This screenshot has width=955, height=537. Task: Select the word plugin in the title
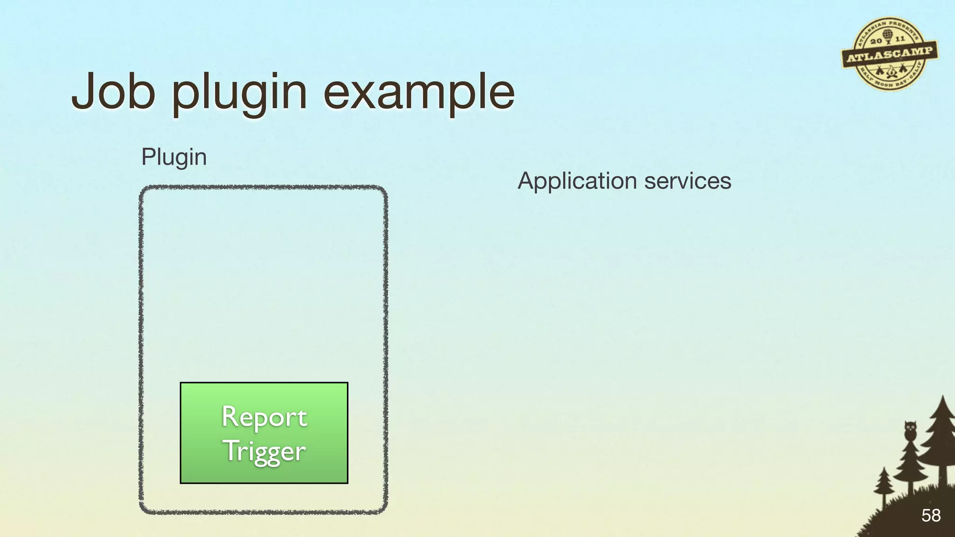[x=239, y=93]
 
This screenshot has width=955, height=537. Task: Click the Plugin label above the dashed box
[x=174, y=157]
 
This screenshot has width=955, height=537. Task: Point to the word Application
[x=577, y=181]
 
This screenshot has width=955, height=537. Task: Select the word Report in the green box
[x=264, y=416]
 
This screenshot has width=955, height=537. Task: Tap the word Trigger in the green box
[x=264, y=451]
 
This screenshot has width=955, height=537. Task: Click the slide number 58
[x=931, y=515]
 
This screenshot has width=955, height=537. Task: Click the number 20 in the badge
[x=875, y=41]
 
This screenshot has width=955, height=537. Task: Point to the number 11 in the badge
[x=900, y=39]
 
